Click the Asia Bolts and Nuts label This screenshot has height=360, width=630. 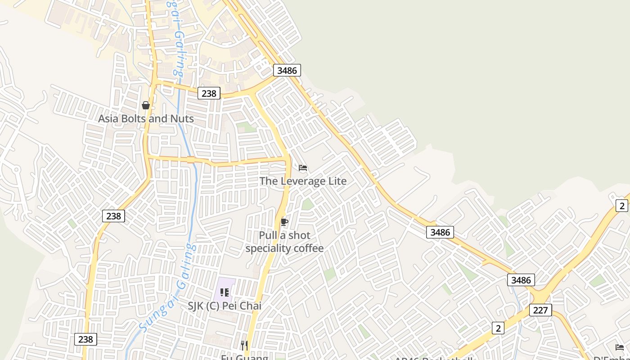(x=146, y=119)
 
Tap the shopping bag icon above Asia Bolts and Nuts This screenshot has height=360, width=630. (x=146, y=105)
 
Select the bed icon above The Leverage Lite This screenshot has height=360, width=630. (x=303, y=168)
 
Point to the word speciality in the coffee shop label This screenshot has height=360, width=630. (x=269, y=248)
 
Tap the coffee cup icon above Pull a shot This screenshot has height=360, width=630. (x=284, y=222)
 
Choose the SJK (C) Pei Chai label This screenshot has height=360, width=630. (x=224, y=306)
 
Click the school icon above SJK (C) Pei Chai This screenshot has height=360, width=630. (x=224, y=292)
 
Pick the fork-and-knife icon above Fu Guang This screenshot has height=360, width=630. (x=244, y=345)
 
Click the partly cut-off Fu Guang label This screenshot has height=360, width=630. (x=244, y=357)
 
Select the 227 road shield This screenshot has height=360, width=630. (x=540, y=310)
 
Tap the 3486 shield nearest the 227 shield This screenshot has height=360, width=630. (x=521, y=280)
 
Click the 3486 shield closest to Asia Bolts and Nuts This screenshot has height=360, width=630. (x=287, y=70)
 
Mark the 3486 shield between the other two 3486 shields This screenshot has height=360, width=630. (x=440, y=232)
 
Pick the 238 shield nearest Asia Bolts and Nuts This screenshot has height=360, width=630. (x=209, y=94)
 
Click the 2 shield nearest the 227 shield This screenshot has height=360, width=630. (x=498, y=328)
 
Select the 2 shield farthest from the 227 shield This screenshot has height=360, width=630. (x=622, y=206)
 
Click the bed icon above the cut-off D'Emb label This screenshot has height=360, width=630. (x=620, y=347)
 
